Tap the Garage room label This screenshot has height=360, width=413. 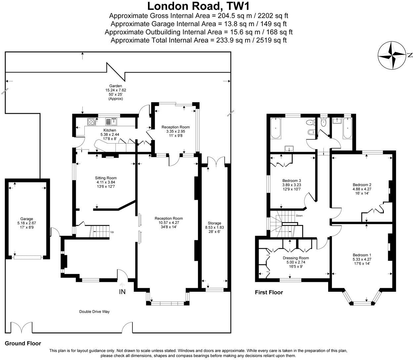(x=27, y=219)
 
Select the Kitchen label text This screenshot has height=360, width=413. (x=110, y=130)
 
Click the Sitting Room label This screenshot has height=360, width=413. (x=106, y=178)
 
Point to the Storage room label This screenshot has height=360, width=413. (x=214, y=223)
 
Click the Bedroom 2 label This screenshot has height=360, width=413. (x=362, y=185)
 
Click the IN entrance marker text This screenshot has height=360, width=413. (x=122, y=292)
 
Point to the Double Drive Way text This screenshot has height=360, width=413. (x=94, y=312)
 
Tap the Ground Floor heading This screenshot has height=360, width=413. (x=23, y=343)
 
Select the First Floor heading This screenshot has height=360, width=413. (x=269, y=292)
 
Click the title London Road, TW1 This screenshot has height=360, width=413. (x=198, y=6)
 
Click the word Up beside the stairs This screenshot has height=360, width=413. (x=112, y=232)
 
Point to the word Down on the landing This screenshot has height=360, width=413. (x=299, y=216)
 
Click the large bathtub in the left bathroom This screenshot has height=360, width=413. (x=276, y=128)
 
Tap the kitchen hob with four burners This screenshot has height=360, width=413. (x=91, y=121)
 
